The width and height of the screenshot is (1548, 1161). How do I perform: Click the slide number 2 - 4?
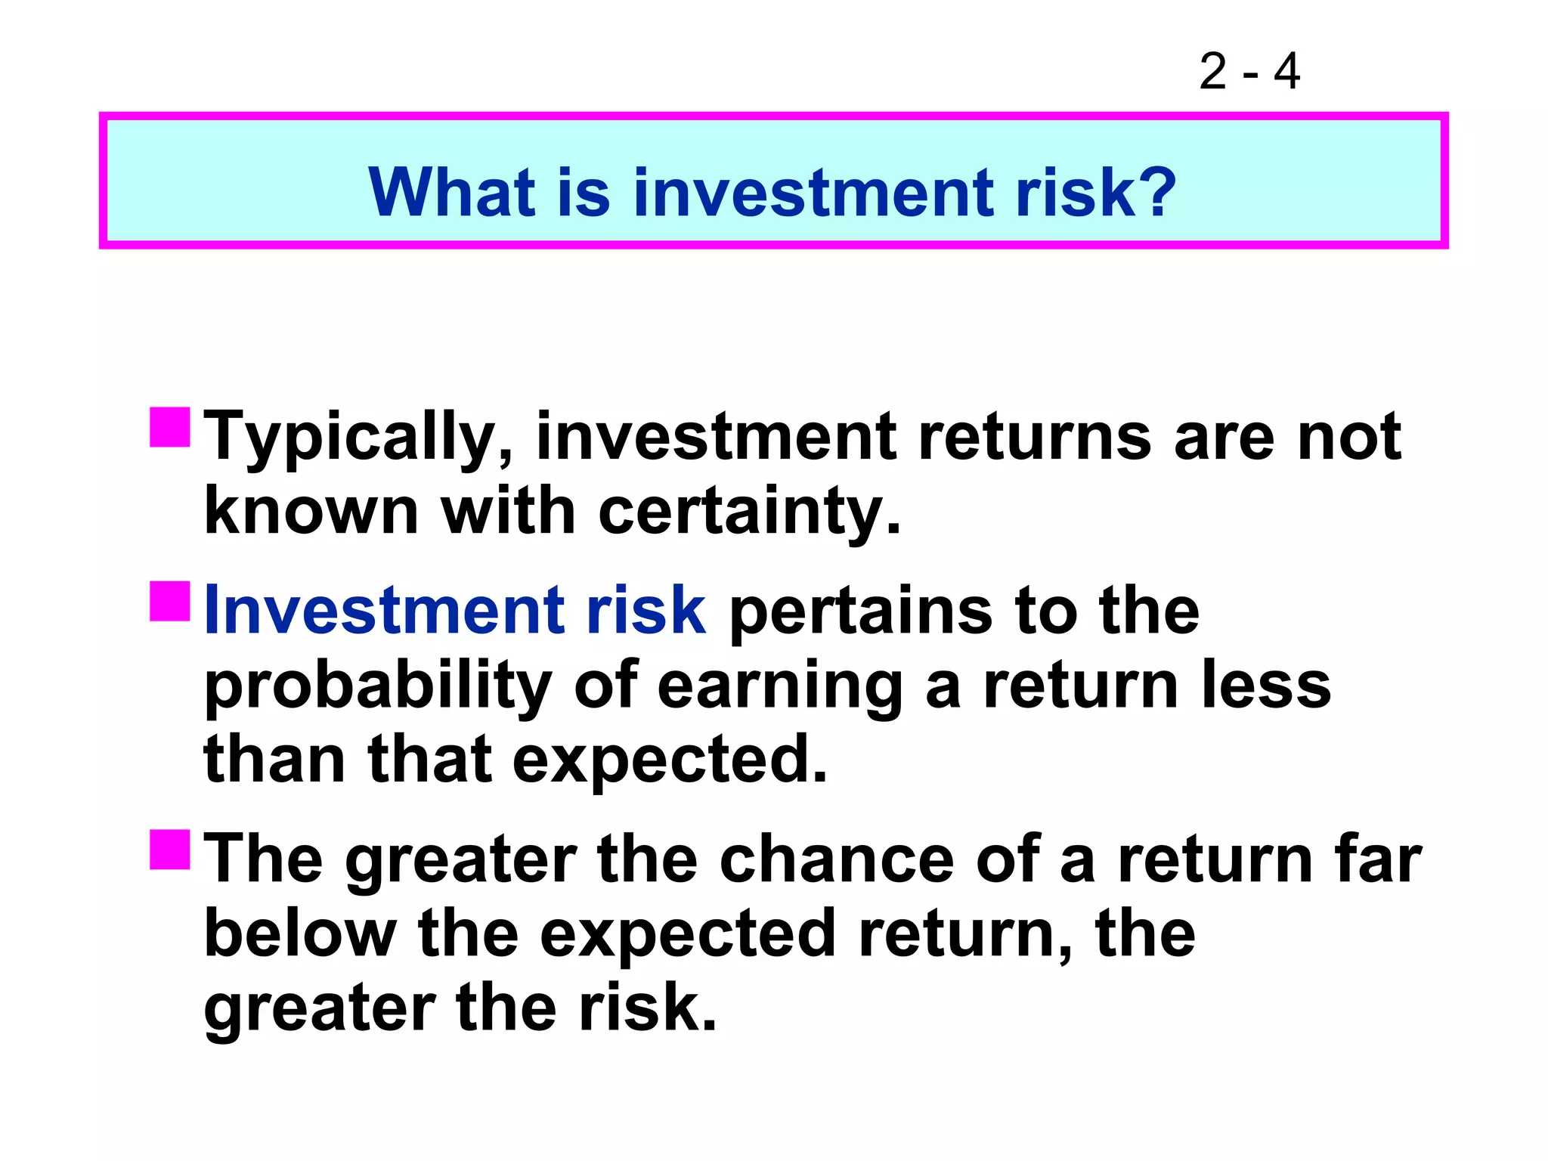[x=1249, y=72]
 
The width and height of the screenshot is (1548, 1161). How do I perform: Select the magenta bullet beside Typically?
[x=169, y=428]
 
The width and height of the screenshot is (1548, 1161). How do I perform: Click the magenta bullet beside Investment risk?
[x=169, y=601]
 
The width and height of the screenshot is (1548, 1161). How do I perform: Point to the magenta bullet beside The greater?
[x=169, y=850]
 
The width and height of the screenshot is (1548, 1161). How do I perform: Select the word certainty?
[x=748, y=512]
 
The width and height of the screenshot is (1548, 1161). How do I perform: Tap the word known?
[x=311, y=512]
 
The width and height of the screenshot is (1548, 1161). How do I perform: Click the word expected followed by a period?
[x=669, y=760]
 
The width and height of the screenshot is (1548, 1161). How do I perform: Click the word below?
[x=300, y=934]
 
